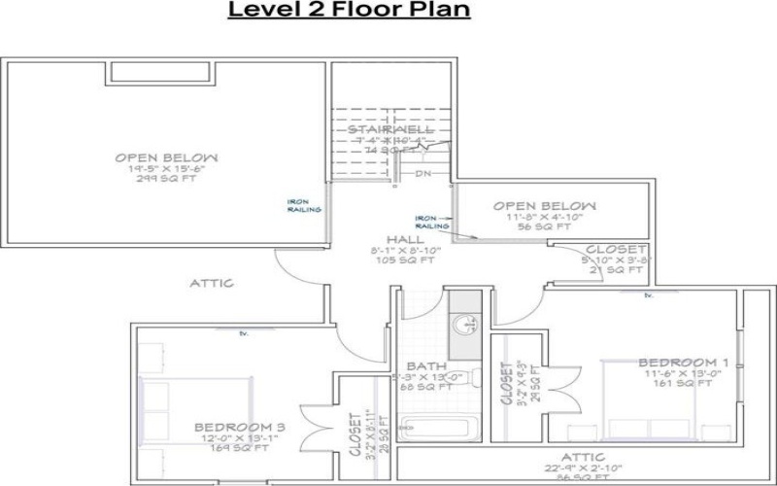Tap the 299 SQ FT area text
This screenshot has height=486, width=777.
166,180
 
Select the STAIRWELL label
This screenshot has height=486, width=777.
392,129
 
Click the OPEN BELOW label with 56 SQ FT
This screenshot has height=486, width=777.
544,206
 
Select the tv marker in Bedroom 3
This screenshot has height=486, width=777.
244,333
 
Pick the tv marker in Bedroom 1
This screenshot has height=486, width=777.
648,295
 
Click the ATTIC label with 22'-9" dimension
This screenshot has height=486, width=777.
583,457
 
